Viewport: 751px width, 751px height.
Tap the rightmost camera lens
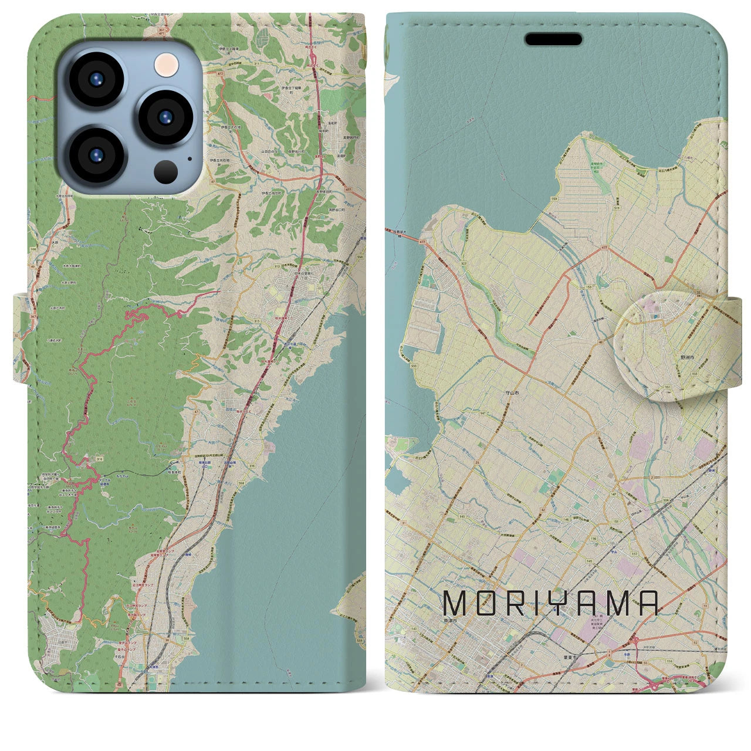tap(165, 117)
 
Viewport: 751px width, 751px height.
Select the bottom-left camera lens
tap(96, 155)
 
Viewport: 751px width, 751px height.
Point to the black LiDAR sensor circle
tap(166, 171)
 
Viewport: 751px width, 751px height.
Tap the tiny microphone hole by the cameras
tap(189, 157)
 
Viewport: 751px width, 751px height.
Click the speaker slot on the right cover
tap(553, 39)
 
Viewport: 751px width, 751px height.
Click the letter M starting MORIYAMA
tap(455, 603)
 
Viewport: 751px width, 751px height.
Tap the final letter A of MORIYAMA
tap(646, 603)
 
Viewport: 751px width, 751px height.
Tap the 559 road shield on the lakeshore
tap(554, 199)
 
